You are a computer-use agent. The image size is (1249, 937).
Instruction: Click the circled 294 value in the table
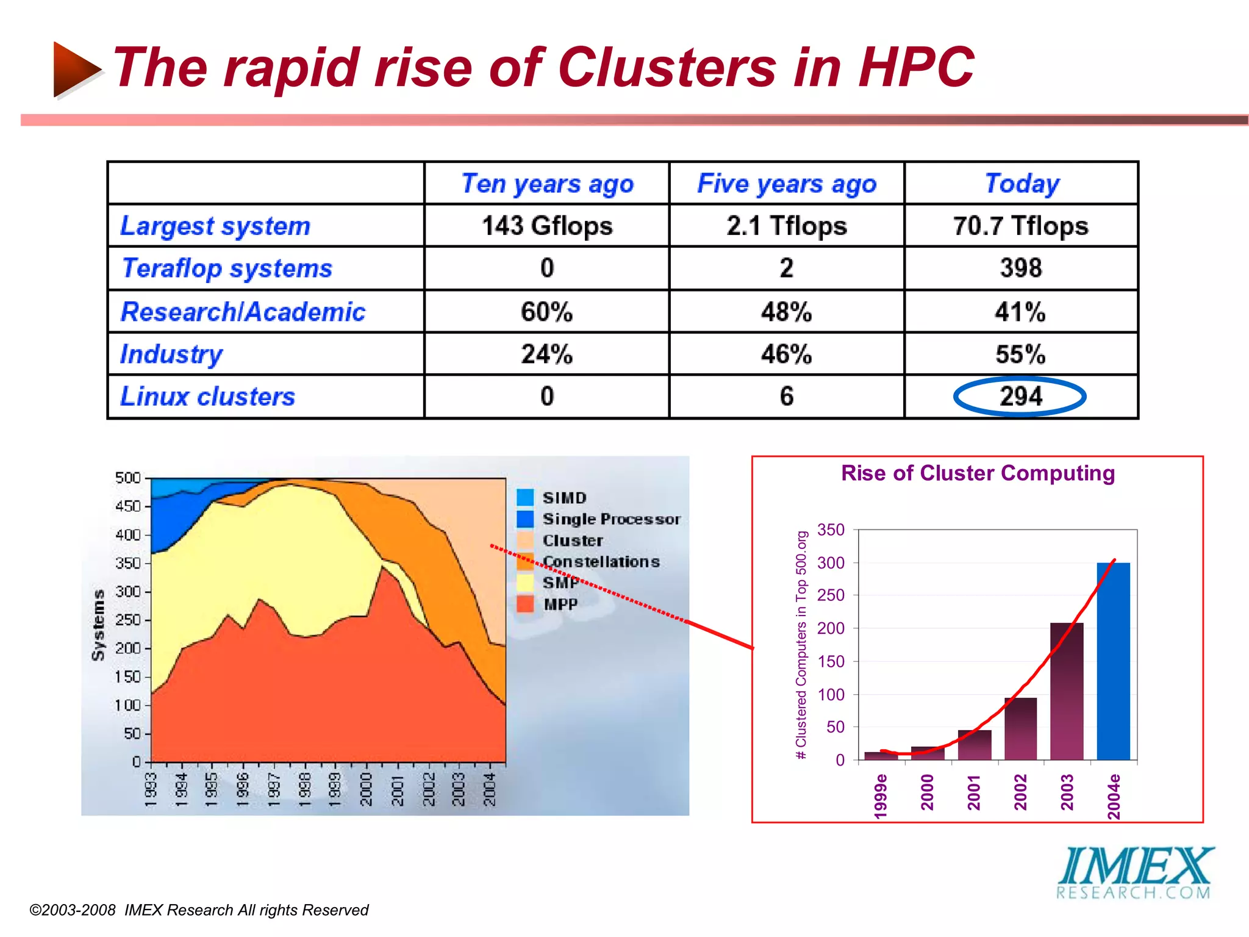[1020, 397]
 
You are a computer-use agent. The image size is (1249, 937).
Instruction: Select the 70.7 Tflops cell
[1020, 226]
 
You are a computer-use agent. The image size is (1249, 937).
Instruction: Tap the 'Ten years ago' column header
[547, 184]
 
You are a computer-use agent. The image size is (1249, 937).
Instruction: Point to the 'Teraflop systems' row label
[227, 268]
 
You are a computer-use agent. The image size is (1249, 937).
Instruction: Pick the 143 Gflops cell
[547, 226]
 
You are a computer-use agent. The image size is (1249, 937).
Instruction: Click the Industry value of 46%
[786, 354]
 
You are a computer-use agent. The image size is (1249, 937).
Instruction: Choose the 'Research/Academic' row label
[243, 312]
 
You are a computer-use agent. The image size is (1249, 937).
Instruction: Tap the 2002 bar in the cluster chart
[1020, 728]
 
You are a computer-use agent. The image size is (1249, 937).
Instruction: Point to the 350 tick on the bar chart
[831, 530]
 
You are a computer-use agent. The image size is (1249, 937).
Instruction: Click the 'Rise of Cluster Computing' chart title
[978, 473]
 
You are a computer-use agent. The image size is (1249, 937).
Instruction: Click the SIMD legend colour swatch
[525, 497]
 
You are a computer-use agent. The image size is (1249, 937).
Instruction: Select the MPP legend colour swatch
[525, 604]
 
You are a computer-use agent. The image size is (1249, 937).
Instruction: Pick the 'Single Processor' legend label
[611, 519]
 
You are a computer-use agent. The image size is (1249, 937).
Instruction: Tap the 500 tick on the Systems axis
[128, 478]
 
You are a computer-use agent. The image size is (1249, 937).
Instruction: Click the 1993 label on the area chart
[151, 789]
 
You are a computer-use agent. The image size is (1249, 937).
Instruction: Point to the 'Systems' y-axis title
[98, 625]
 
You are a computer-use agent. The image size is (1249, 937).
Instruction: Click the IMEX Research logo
[1134, 873]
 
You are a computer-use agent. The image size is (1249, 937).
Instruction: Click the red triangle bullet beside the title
[75, 69]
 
